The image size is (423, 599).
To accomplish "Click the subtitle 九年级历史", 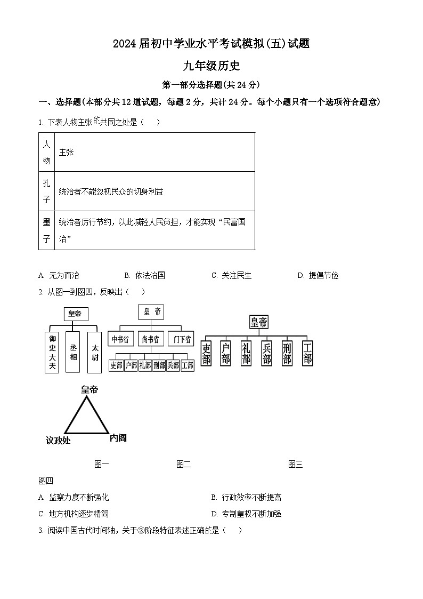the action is pyautogui.click(x=211, y=66).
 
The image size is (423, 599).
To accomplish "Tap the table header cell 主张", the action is pyautogui.click(x=67, y=152).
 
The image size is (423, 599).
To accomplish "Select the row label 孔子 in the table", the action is pyautogui.click(x=46, y=191).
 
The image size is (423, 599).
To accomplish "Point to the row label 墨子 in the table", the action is pyautogui.click(x=46, y=230).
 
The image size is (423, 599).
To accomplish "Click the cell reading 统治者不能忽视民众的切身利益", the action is pyautogui.click(x=111, y=191).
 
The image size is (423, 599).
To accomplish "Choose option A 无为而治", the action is pyautogui.click(x=59, y=275).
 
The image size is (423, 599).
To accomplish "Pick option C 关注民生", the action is pyautogui.click(x=231, y=275).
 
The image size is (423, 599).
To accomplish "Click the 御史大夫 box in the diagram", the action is pyautogui.click(x=52, y=352).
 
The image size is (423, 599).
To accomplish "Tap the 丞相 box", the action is pyautogui.click(x=74, y=352).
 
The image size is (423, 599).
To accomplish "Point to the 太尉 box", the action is pyautogui.click(x=94, y=352).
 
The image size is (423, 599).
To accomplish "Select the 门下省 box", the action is pyautogui.click(x=181, y=339).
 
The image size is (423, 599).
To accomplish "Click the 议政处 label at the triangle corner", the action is pyautogui.click(x=58, y=440).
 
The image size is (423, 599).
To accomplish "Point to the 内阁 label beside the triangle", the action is pyautogui.click(x=118, y=438).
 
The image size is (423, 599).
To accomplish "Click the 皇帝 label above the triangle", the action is pyautogui.click(x=90, y=390).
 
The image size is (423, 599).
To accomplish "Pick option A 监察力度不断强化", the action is pyautogui.click(x=74, y=497).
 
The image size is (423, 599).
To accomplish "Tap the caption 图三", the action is pyautogui.click(x=295, y=464).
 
